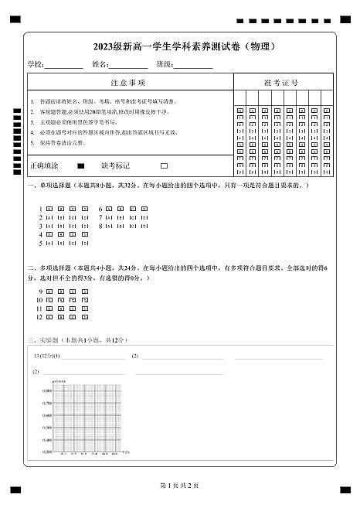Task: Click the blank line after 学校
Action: click(x=64, y=65)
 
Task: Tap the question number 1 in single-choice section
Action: click(x=40, y=210)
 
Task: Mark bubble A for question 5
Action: click(x=49, y=244)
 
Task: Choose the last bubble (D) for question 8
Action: click(x=144, y=227)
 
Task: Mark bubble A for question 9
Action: click(x=49, y=292)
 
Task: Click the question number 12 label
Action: click(x=39, y=317)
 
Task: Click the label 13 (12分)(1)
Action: click(x=46, y=356)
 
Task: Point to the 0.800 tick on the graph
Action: click(x=48, y=391)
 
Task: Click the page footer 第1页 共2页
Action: click(x=179, y=485)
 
